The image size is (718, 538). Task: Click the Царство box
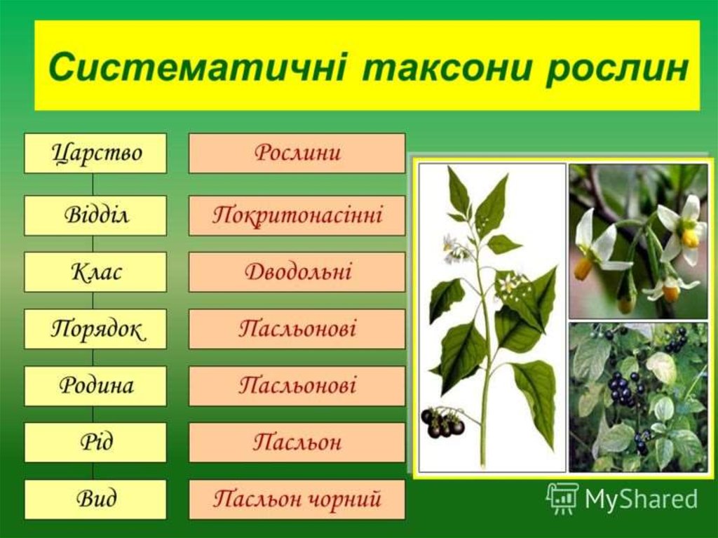[95, 153]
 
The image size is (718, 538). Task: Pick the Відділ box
[95, 215]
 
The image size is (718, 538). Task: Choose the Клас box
[95, 272]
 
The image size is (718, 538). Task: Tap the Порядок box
[95, 329]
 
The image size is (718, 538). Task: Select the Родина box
[95, 386]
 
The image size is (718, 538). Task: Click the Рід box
[95, 443]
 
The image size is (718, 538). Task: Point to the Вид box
[95, 499]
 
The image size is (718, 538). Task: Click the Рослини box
[297, 153]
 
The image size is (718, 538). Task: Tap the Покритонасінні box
[297, 215]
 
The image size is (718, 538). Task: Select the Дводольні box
[297, 272]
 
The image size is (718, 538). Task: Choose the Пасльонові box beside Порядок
[297, 329]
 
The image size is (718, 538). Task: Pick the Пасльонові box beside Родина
[297, 386]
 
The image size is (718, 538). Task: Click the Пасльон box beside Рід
[297, 443]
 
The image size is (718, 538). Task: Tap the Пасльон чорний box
[297, 499]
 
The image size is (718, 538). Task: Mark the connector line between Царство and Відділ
[93, 184]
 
